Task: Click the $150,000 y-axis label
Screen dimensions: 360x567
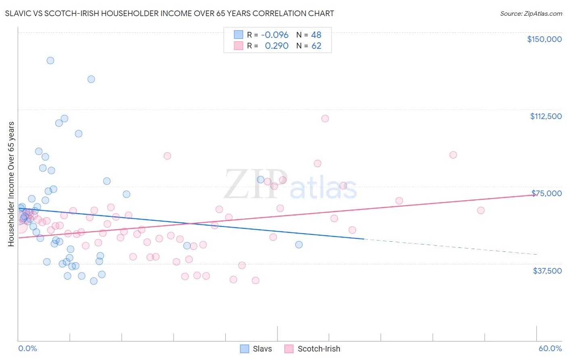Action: (x=544, y=39)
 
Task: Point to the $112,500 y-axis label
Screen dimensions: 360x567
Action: (x=546, y=116)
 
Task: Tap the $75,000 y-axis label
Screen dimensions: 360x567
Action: (x=546, y=193)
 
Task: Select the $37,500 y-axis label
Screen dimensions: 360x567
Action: (x=547, y=271)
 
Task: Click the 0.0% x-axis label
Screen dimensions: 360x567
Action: (x=27, y=349)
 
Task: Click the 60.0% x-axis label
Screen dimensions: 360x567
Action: (x=550, y=349)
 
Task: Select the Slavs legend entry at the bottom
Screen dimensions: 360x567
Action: (x=256, y=349)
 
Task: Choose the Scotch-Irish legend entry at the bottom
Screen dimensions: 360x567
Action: (x=313, y=349)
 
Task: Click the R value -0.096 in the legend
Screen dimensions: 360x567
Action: (x=275, y=35)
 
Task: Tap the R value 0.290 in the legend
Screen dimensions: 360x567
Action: (x=277, y=46)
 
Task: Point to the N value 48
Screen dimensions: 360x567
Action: (x=316, y=35)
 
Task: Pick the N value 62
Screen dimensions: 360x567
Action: (x=316, y=46)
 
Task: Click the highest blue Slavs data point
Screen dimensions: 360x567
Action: (x=50, y=61)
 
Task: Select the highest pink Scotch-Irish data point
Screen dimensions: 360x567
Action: (x=325, y=119)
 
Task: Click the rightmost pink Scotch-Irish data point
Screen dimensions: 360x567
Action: (x=481, y=210)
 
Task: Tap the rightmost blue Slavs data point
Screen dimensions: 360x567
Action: (x=299, y=245)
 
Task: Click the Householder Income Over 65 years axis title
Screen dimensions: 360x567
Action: (x=11, y=184)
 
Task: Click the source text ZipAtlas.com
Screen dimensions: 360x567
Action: (x=531, y=14)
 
